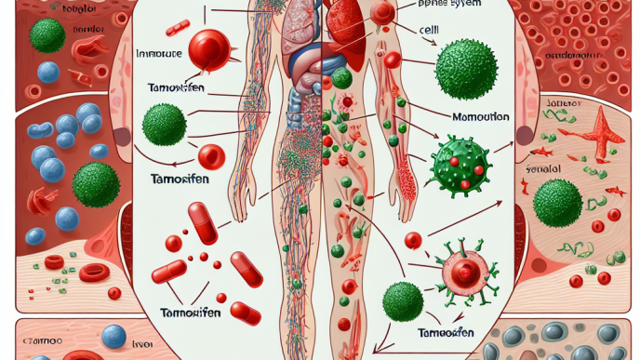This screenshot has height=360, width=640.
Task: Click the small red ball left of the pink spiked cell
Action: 414,241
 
